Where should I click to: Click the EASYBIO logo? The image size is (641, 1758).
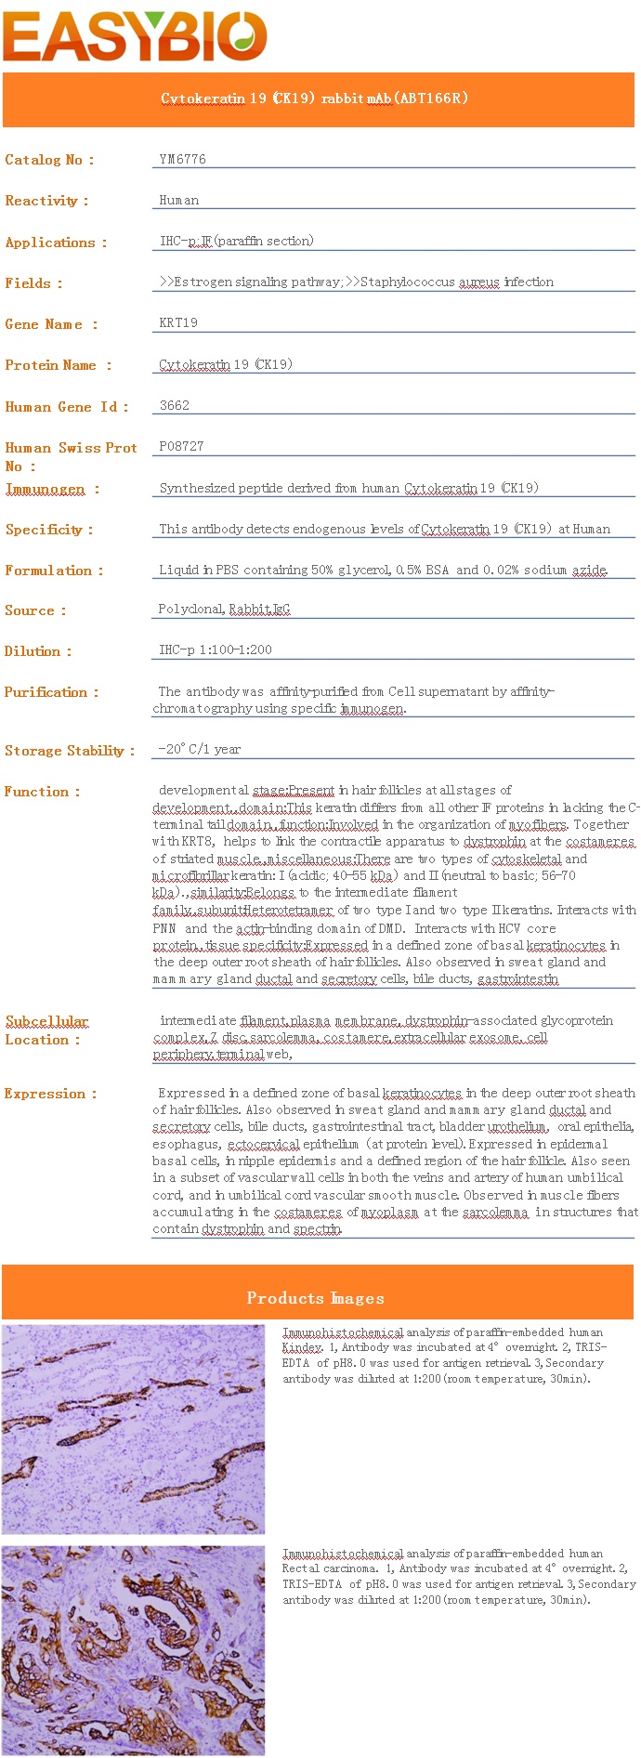pyautogui.click(x=135, y=36)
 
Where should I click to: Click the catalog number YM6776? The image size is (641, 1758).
pyautogui.click(x=182, y=159)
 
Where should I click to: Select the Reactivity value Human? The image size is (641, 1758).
pyautogui.click(x=178, y=200)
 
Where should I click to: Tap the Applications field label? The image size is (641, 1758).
pyautogui.click(x=56, y=243)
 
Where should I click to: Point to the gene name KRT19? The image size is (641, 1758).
pyautogui.click(x=178, y=322)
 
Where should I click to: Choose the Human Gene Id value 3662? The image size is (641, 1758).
pyautogui.click(x=175, y=405)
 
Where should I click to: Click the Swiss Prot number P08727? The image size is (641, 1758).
pyautogui.click(x=181, y=446)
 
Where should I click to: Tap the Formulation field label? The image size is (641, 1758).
pyautogui.click(x=54, y=571)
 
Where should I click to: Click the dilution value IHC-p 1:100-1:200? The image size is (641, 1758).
pyautogui.click(x=216, y=649)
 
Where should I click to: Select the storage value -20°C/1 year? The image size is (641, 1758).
pyautogui.click(x=200, y=749)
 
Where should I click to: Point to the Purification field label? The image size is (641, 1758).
pyautogui.click(x=51, y=692)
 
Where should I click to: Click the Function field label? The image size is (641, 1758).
pyautogui.click(x=43, y=792)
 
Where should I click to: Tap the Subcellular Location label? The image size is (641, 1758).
pyautogui.click(x=46, y=1030)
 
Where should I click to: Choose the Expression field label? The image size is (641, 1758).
pyautogui.click(x=50, y=1094)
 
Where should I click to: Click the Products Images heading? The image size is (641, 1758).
pyautogui.click(x=316, y=1298)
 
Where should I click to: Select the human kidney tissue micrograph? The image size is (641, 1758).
pyautogui.click(x=133, y=1429)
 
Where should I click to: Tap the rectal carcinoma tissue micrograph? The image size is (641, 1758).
pyautogui.click(x=133, y=1650)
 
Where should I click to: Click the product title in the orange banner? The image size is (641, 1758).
pyautogui.click(x=314, y=98)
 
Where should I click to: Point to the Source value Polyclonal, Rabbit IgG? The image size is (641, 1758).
pyautogui.click(x=224, y=610)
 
